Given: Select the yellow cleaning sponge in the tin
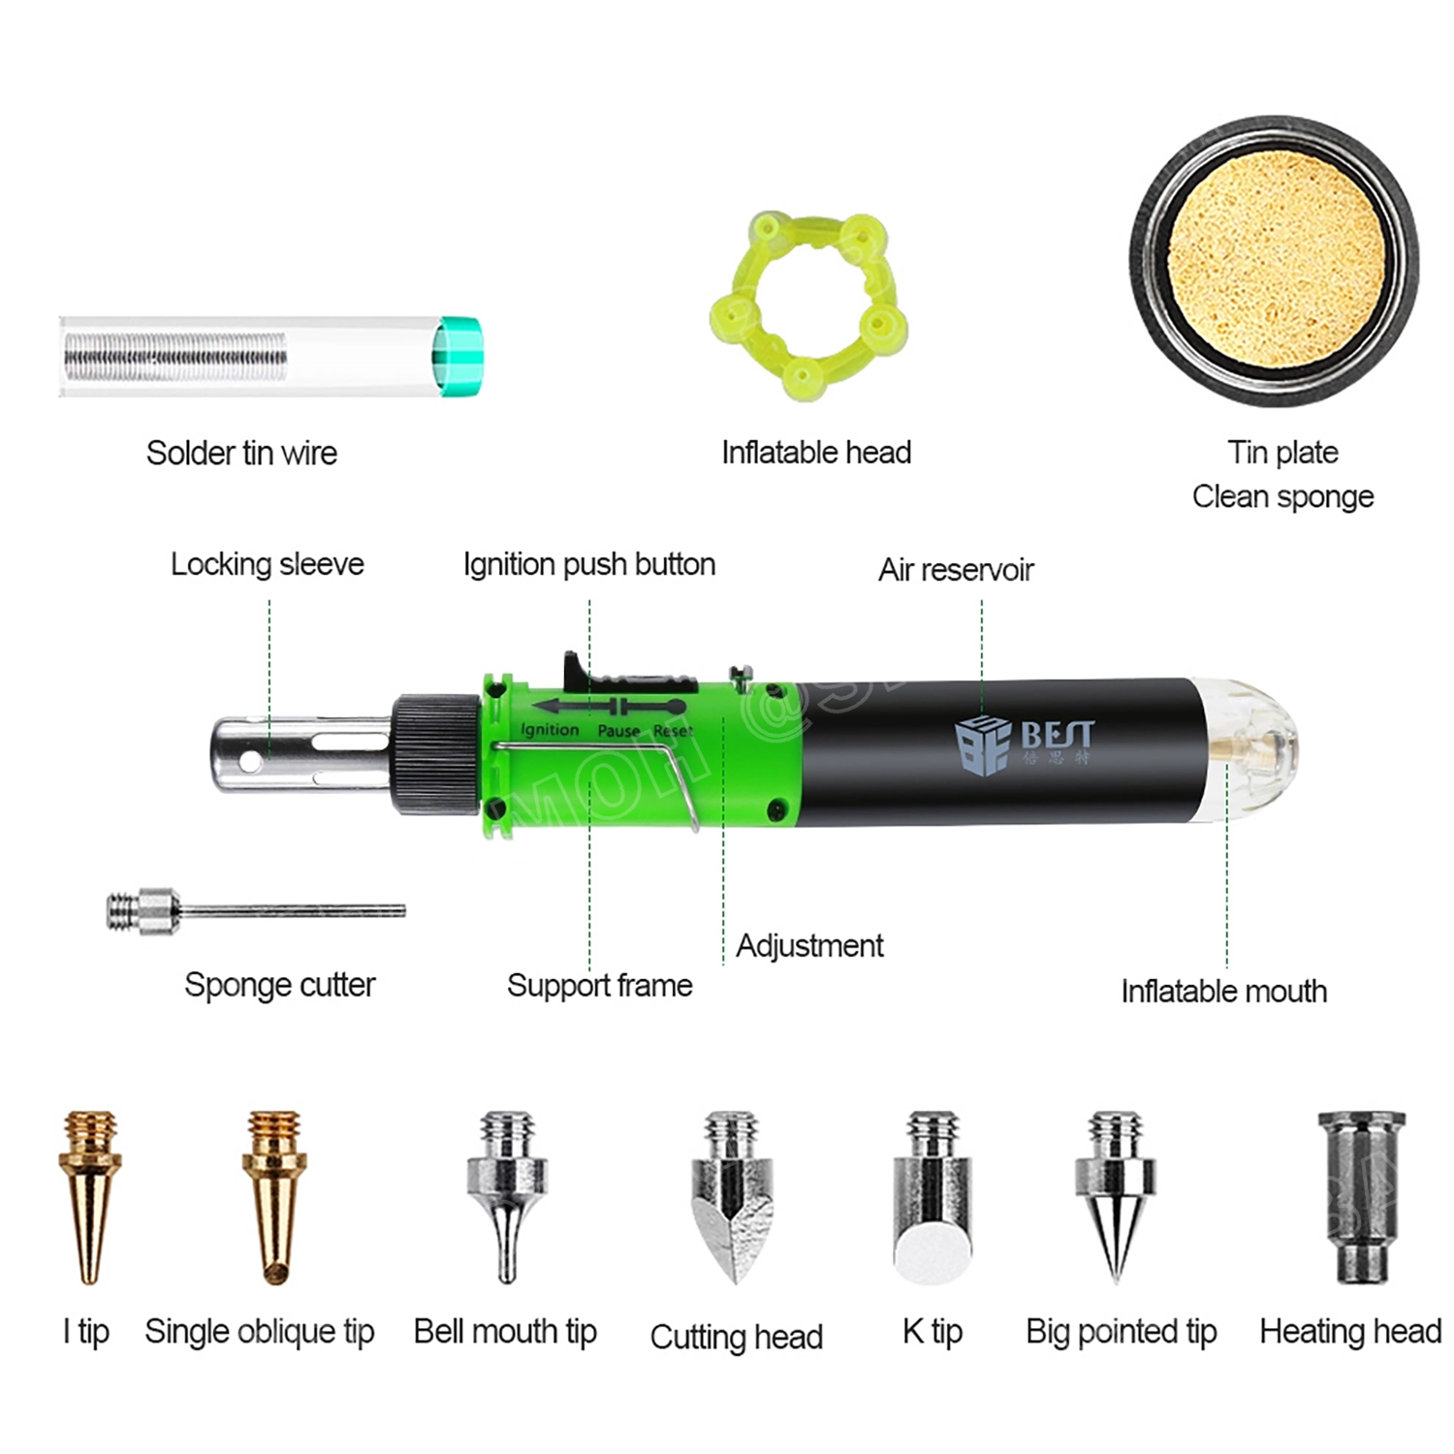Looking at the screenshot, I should pyautogui.click(x=1275, y=260).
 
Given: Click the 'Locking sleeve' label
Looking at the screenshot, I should pyautogui.click(x=268, y=564).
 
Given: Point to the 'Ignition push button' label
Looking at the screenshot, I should pyautogui.click(x=589, y=564).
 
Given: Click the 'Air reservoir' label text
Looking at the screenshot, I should pyautogui.click(x=956, y=570).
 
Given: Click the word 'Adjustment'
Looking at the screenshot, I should pyautogui.click(x=809, y=946).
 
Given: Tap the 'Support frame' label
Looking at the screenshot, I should pyautogui.click(x=599, y=986).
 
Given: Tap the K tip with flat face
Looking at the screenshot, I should pyautogui.click(x=932, y=1202).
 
